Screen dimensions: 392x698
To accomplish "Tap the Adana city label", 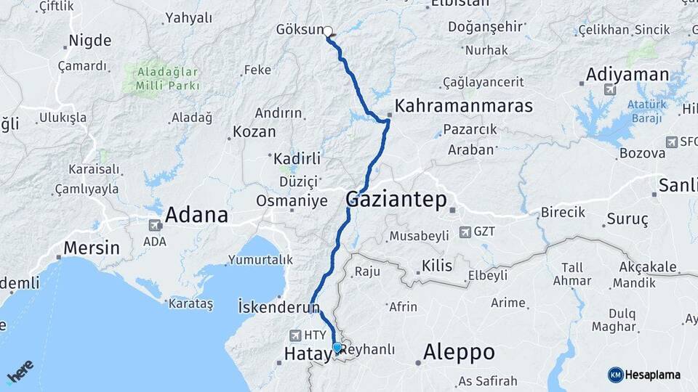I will [x=196, y=215].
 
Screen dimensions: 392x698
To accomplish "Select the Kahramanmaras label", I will [x=464, y=106].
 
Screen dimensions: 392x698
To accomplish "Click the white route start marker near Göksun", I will [x=328, y=32].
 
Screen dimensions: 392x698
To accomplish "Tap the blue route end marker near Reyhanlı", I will [x=337, y=348].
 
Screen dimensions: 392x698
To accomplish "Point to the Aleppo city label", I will [x=459, y=353].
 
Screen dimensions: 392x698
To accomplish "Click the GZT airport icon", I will [x=465, y=232].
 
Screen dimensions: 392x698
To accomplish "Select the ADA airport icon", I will [x=154, y=226].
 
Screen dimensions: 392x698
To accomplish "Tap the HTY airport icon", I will [x=295, y=335].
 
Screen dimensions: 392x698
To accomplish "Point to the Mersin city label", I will [x=91, y=248].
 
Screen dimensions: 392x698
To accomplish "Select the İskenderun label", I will [x=279, y=307].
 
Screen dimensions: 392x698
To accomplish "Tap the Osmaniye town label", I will [x=292, y=201].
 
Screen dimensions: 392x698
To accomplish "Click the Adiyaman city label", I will [x=627, y=74].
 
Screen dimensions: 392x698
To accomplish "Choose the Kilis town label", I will [x=438, y=266].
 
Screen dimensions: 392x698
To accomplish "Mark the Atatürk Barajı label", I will [x=646, y=111].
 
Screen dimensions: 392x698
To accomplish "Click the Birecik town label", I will [x=563, y=213].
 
